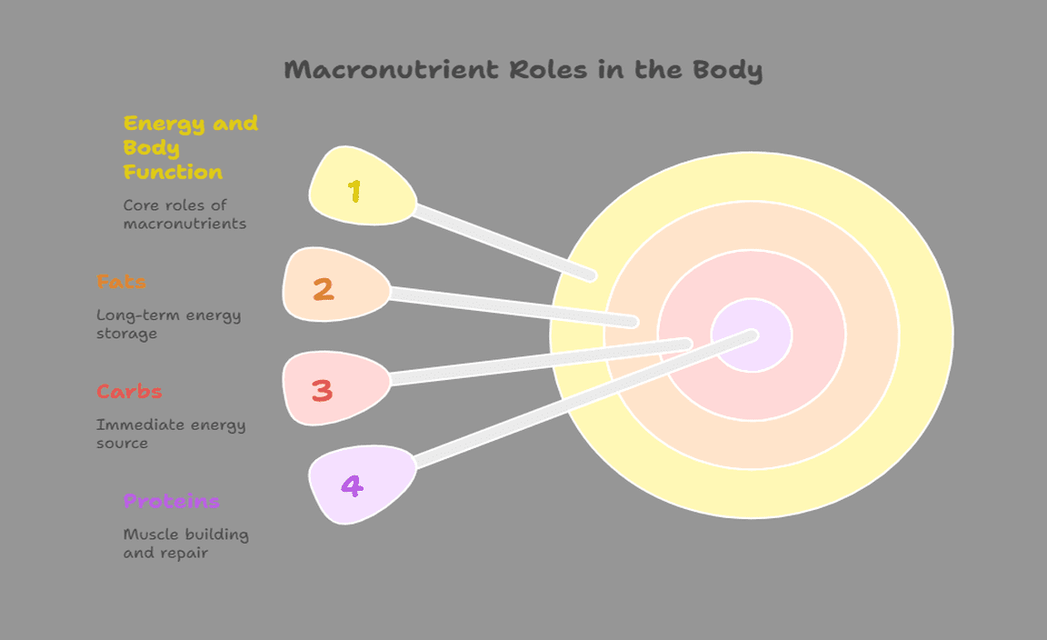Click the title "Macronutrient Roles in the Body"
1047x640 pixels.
[523, 70]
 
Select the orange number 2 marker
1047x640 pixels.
[333, 285]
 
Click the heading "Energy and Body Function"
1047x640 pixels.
[190, 147]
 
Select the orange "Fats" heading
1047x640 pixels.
[121, 282]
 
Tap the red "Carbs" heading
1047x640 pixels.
[129, 392]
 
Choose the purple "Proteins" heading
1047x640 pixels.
[171, 501]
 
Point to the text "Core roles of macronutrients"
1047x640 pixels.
[184, 215]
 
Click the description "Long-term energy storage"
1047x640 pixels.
[168, 325]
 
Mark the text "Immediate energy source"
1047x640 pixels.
[170, 434]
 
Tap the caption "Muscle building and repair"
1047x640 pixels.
[185, 544]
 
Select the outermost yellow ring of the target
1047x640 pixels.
[927, 336]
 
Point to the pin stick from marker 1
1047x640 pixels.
[504, 241]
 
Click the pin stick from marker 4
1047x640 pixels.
[582, 402]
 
